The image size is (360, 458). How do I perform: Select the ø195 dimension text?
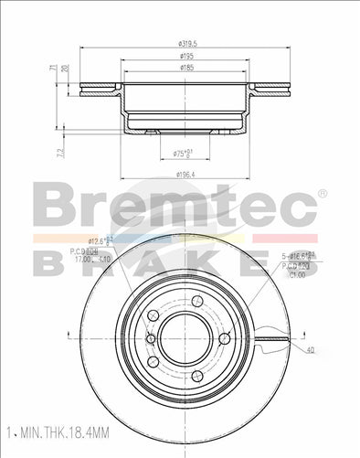186,56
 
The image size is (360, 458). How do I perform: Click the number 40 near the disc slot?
311,350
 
